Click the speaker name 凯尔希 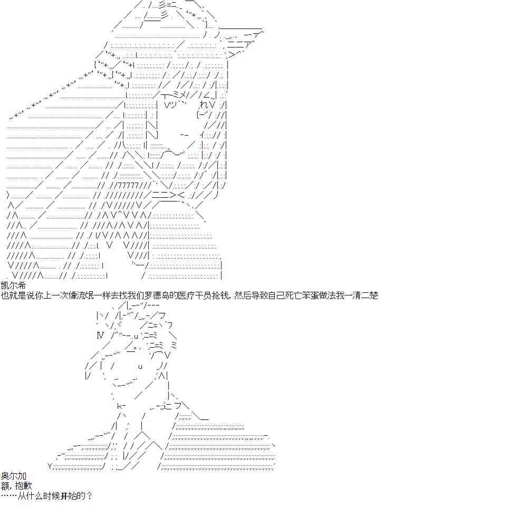(x=13, y=285)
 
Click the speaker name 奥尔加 (x=13, y=476)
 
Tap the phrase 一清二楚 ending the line (x=361, y=295)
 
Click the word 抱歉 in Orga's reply (x=24, y=486)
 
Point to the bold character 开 (x=64, y=496)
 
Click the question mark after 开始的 (x=89, y=496)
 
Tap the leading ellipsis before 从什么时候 (x=9, y=496)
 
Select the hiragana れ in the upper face (x=204, y=104)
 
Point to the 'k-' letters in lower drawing (x=121, y=406)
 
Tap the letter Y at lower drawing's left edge (x=50, y=466)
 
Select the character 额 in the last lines (x=5, y=486)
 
